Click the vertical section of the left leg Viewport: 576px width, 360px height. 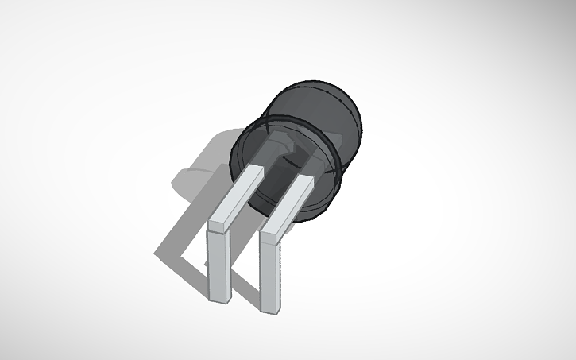(218, 266)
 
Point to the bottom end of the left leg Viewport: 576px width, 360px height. (217, 299)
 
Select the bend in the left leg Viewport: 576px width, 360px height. (219, 226)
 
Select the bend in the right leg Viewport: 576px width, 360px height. (272, 234)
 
